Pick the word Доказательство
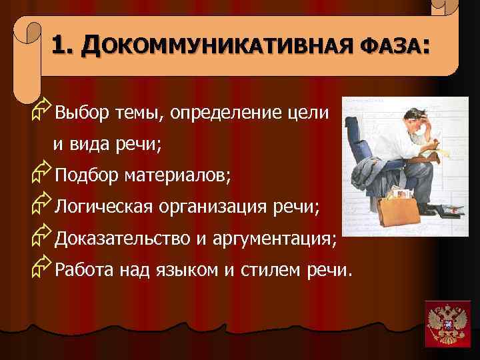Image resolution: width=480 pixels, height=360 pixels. point(122,239)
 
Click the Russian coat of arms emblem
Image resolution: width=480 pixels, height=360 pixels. point(447,323)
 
